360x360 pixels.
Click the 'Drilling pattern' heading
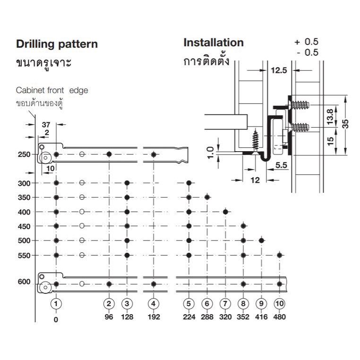pyautogui.click(x=57, y=44)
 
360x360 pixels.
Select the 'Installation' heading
pyautogui.click(x=214, y=43)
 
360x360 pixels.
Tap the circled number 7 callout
pyautogui.click(x=225, y=304)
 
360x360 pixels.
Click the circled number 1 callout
pyautogui.click(x=56, y=304)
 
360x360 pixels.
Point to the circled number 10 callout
pyautogui.click(x=279, y=304)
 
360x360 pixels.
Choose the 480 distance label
pyautogui.click(x=279, y=317)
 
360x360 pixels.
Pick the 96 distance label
pyautogui.click(x=109, y=317)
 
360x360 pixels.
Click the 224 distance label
pyautogui.click(x=189, y=317)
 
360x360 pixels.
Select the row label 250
pyautogui.click(x=24, y=154)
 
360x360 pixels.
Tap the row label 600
pyautogui.click(x=24, y=282)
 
